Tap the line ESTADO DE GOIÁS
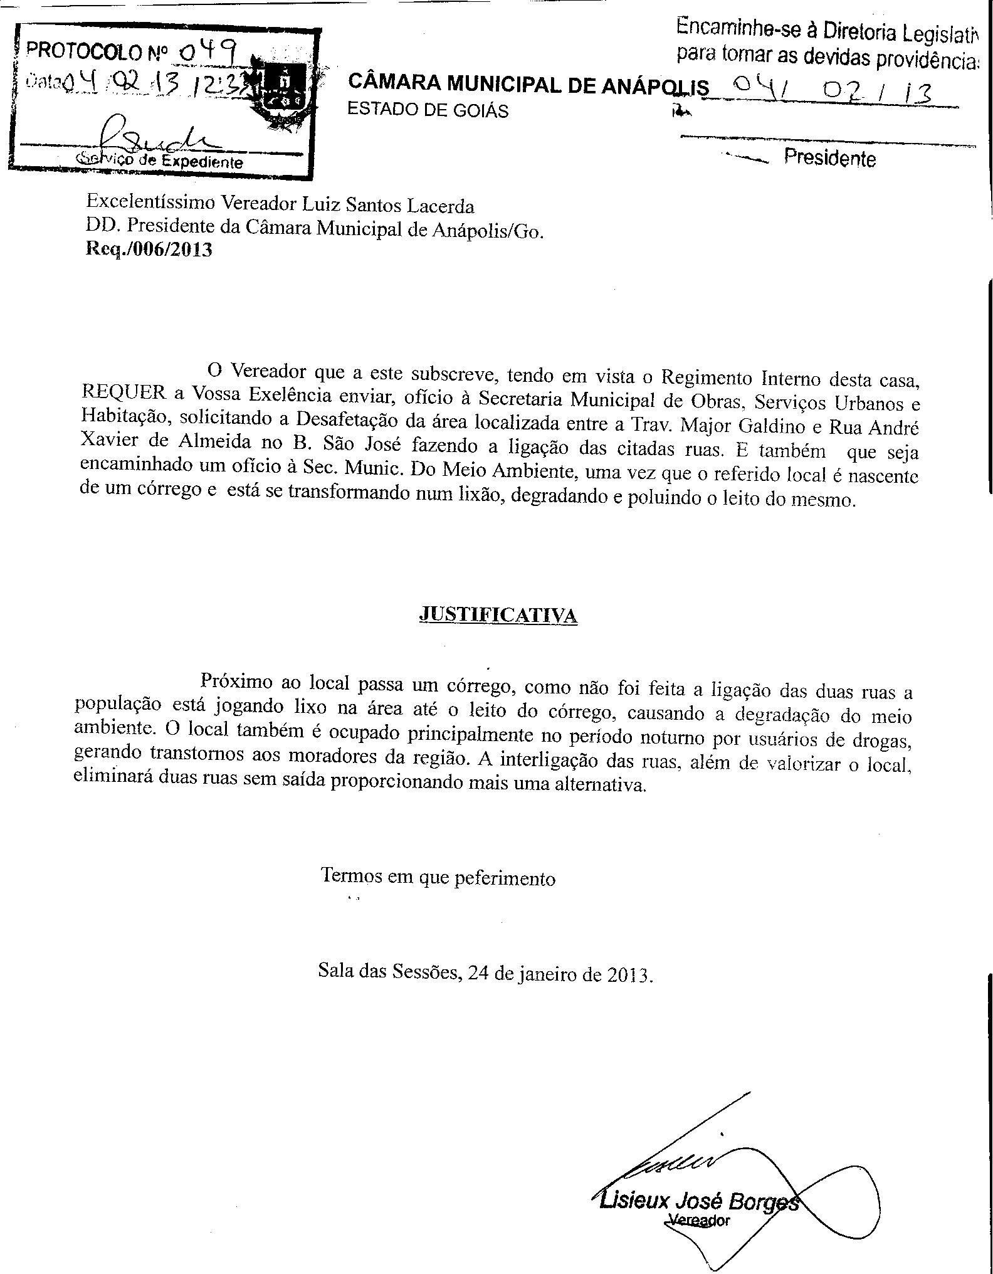pyautogui.click(x=428, y=110)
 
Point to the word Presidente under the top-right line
pyautogui.click(x=829, y=158)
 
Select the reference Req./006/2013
pyautogui.click(x=149, y=250)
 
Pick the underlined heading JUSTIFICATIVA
pyautogui.click(x=498, y=615)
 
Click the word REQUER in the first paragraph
pyautogui.click(x=124, y=392)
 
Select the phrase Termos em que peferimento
pyautogui.click(x=438, y=877)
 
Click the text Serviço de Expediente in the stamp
pyautogui.click(x=159, y=161)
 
